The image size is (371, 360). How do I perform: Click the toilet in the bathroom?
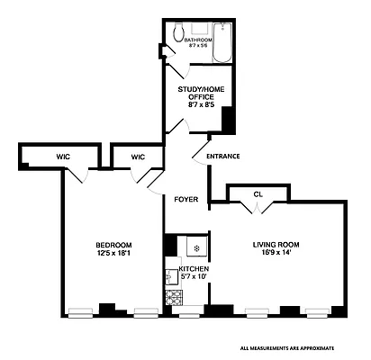(178, 30)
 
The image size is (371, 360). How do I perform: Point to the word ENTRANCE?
(223, 157)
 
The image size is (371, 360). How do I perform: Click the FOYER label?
(185, 198)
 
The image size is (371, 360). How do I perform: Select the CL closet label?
(258, 193)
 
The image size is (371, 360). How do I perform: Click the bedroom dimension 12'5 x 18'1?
(114, 254)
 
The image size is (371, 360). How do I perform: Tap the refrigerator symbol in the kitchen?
(194, 246)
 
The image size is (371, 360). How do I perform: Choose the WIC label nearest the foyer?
(137, 157)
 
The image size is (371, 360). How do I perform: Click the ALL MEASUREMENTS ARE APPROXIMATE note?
(287, 346)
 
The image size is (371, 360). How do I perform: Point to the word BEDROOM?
(114, 245)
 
